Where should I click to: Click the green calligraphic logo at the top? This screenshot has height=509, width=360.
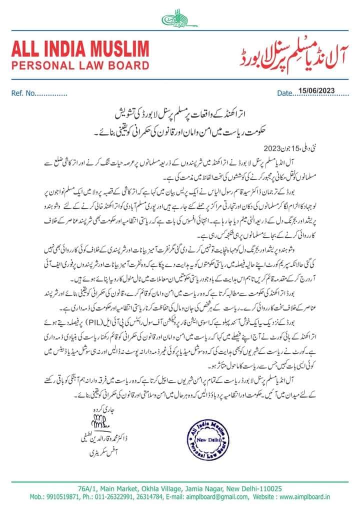pyautogui.click(x=179, y=19)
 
